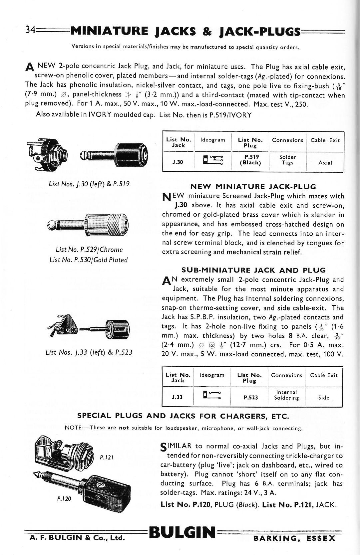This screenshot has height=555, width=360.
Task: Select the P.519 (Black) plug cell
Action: point(250,160)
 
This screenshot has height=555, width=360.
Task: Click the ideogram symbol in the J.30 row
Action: point(213,160)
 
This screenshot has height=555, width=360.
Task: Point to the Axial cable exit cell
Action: point(325,163)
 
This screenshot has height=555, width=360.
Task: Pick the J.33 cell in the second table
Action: point(177,397)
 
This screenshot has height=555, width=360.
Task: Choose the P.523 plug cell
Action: point(250,397)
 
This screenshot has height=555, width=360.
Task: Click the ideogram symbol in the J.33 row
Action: point(212,395)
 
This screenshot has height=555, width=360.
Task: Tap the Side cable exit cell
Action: point(324,398)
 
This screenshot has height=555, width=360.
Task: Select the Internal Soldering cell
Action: point(286,395)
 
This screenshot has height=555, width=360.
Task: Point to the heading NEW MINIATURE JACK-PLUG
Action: point(253,187)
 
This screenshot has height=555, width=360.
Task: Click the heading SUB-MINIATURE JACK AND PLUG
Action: point(253,270)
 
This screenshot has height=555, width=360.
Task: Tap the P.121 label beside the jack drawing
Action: point(107,458)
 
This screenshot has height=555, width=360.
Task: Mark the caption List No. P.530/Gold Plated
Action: point(88,260)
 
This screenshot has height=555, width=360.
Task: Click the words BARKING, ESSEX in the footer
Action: point(294,538)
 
